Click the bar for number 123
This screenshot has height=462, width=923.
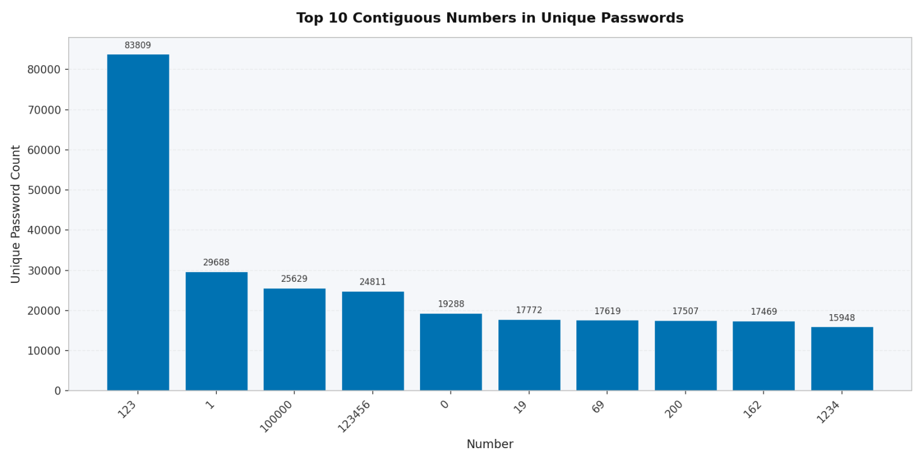tap(138, 222)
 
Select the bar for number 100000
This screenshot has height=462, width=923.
tap(294, 340)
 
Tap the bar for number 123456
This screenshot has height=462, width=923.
tap(373, 341)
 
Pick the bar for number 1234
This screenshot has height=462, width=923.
tap(842, 359)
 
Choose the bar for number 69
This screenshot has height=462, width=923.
tap(607, 355)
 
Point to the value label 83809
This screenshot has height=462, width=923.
tap(138, 46)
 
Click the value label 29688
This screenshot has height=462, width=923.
tap(216, 263)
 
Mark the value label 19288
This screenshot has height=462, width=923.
tap(451, 304)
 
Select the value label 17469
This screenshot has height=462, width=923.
tap(763, 312)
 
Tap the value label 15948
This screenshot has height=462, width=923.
tap(842, 318)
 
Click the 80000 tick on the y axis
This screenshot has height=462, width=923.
tap(44, 70)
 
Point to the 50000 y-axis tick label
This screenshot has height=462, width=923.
tap(44, 190)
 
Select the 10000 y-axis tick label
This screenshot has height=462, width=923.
tap(44, 351)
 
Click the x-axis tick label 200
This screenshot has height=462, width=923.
tap(674, 409)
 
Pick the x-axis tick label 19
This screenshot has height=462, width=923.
tap(520, 407)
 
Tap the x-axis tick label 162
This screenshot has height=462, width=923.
tap(753, 409)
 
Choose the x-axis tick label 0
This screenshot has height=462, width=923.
tap(445, 405)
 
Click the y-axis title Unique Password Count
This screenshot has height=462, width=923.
tap(16, 214)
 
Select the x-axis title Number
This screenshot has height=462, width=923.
tap(490, 444)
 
